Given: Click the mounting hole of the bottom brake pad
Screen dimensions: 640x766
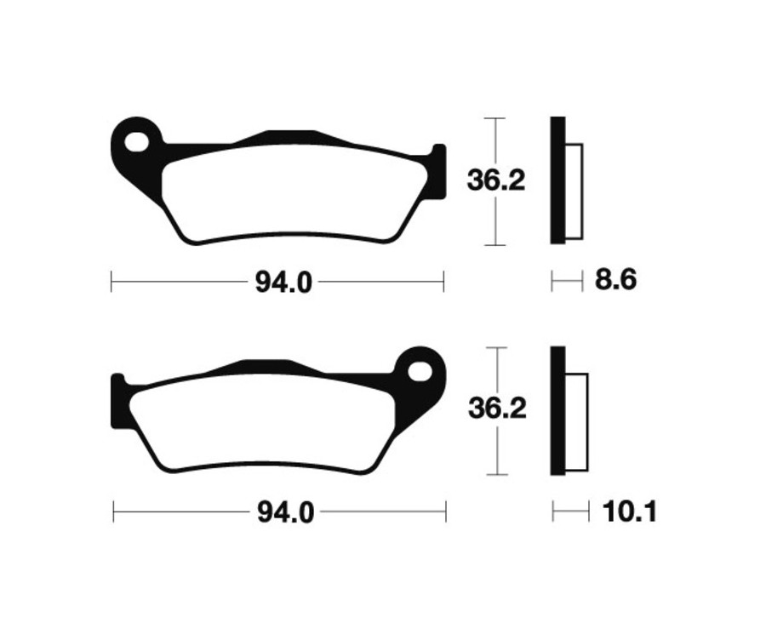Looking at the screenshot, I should pos(419,370).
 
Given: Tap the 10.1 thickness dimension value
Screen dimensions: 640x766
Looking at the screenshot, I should pos(629,511).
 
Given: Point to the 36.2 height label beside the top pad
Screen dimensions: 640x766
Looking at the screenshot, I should pos(496,181).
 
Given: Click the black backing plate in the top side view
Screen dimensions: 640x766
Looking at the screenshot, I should pos(557,180).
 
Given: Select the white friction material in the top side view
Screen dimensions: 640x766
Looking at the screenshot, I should pos(574,191).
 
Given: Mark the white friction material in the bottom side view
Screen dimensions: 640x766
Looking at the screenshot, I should pos(577,422).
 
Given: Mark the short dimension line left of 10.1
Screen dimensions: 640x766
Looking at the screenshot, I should pos(570,511).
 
